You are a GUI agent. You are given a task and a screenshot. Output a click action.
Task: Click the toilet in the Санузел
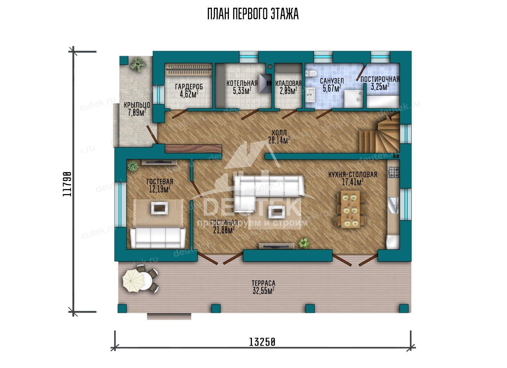click(x=311, y=73)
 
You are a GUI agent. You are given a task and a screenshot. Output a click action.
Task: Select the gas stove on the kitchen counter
click(x=394, y=172)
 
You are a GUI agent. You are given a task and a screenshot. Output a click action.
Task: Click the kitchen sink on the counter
click(x=394, y=205)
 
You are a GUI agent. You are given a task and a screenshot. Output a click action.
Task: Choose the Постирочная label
click(x=380, y=79)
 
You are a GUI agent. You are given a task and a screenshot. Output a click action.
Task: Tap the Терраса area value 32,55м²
click(x=264, y=291)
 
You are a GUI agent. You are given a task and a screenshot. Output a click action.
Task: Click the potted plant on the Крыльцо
click(x=138, y=65)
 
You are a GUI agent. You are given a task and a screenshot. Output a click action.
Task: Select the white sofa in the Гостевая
click(x=158, y=238)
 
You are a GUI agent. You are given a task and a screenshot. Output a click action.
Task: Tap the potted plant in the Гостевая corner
click(x=132, y=166)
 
